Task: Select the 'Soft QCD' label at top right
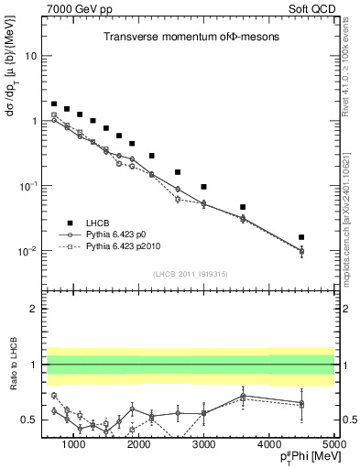314,8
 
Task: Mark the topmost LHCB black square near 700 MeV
54,104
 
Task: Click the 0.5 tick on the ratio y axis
31,420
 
